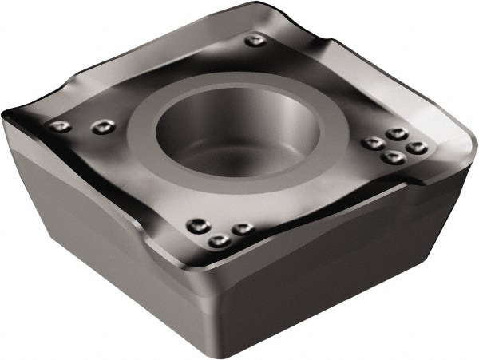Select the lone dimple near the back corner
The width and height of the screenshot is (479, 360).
coord(255,40)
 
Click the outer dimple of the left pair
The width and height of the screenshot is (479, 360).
coord(58,125)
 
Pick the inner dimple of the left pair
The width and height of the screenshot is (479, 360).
coord(100,125)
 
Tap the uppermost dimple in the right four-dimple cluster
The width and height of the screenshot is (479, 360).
coord(395,133)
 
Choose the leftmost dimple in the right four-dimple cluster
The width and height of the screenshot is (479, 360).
coord(372,144)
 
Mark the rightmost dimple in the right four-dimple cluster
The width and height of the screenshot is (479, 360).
coord(414,147)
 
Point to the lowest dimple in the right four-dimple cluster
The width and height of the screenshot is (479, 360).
coord(390,157)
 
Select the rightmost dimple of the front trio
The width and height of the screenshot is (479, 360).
coord(241,229)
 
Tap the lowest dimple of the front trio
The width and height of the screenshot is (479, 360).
coord(218,239)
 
